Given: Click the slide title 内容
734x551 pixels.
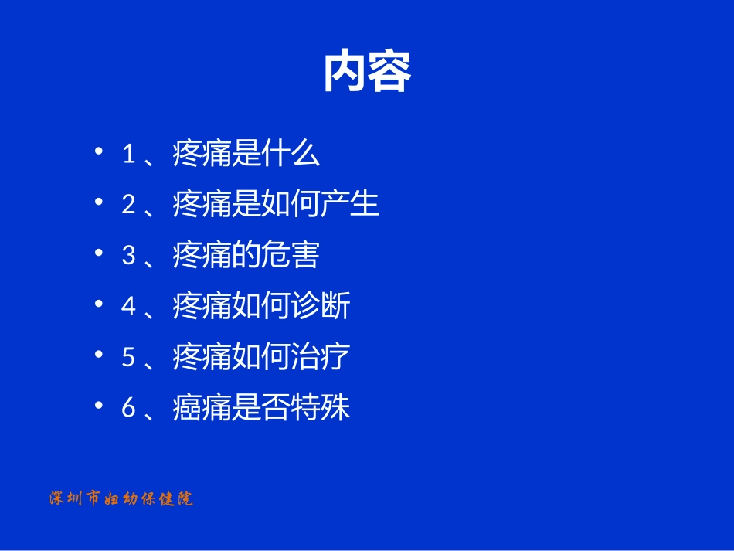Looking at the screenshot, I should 367,73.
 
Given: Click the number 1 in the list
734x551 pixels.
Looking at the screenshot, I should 129,155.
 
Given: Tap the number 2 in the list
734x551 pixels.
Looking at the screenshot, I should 129,206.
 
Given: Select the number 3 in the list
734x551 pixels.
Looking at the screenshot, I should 129,257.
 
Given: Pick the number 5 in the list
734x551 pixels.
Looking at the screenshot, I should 129,358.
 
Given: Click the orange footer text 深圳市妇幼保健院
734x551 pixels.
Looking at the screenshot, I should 121,499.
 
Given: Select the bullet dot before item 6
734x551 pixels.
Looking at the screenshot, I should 98,404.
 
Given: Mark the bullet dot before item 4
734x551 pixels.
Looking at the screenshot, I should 98,303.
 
